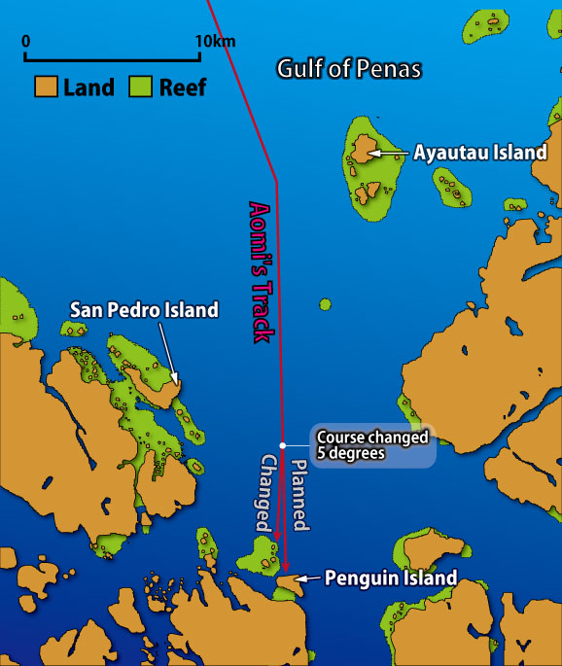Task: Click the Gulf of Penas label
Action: tap(348, 69)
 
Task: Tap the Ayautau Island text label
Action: tap(479, 153)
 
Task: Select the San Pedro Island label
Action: tap(144, 309)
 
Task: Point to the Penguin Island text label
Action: tap(390, 578)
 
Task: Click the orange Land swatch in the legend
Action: tap(46, 87)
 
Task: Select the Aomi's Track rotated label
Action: tap(260, 270)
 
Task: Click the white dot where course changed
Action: tap(282, 446)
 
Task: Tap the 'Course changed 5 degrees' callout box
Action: tap(371, 445)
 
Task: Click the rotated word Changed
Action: tap(269, 493)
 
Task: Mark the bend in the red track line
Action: tap(277, 179)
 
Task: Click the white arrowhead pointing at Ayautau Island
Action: tap(371, 153)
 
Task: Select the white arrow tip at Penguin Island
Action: tap(299, 579)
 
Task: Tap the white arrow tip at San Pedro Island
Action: tap(175, 381)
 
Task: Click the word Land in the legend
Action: tap(89, 88)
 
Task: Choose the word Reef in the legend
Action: tap(183, 88)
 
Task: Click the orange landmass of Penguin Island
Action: tap(286, 581)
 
